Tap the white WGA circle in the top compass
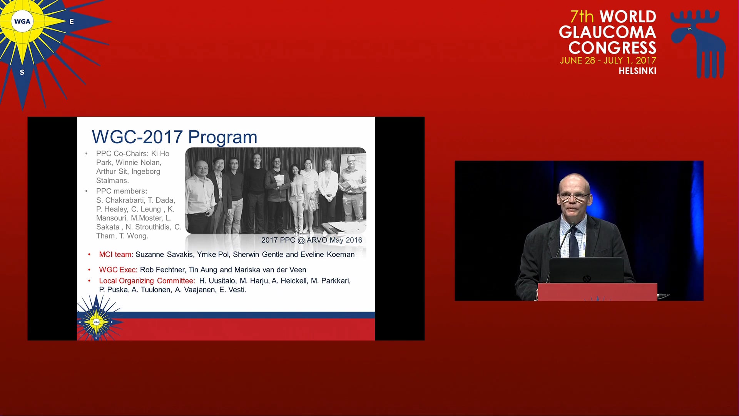pos(22,22)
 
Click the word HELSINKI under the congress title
pos(637,71)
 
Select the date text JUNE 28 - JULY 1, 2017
pos(608,60)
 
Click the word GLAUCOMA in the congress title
pos(607,32)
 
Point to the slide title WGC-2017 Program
pos(174,137)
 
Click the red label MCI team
pos(115,254)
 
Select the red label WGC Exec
pos(118,270)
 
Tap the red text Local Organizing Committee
pos(147,281)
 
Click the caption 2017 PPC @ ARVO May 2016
pos(312,240)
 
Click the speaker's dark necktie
pos(573,241)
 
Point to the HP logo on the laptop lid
pos(587,278)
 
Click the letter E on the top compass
pos(72,22)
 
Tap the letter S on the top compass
pos(22,72)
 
